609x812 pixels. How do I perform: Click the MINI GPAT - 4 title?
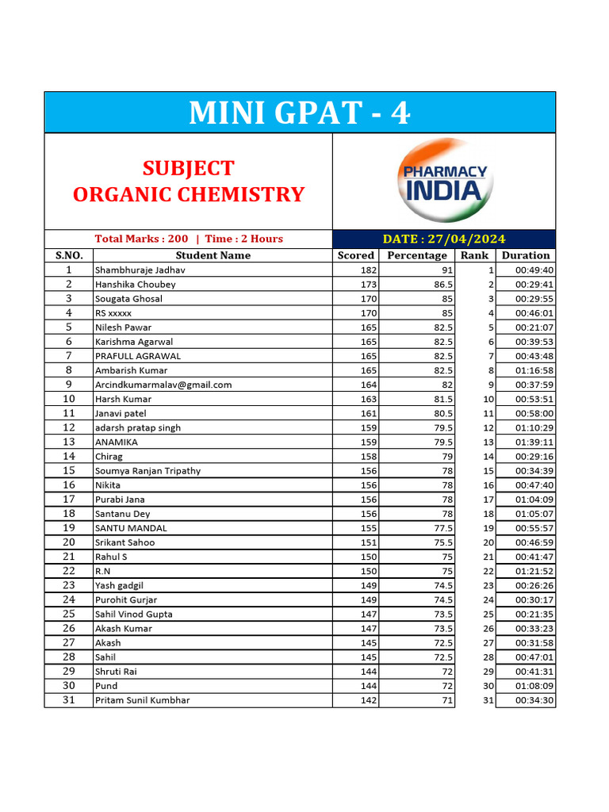click(x=300, y=113)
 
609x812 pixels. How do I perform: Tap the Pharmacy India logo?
click(x=444, y=182)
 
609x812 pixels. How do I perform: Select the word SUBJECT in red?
click(x=188, y=168)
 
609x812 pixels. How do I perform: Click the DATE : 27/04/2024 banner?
click(x=443, y=239)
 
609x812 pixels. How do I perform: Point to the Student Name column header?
click(x=213, y=255)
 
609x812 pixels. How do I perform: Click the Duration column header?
click(x=525, y=255)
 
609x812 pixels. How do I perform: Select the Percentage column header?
click(x=416, y=255)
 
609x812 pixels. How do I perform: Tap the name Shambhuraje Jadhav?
click(x=140, y=270)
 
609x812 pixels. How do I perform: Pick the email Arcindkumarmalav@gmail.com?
click(x=163, y=385)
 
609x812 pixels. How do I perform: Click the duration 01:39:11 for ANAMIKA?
click(x=534, y=442)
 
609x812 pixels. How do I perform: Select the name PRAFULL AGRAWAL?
click(x=137, y=356)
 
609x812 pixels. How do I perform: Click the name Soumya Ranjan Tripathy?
click(x=147, y=471)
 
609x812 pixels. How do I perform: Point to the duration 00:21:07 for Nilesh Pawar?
click(x=534, y=327)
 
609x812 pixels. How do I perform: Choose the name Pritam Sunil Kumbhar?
click(x=142, y=700)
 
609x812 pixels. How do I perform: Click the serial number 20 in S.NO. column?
click(x=69, y=542)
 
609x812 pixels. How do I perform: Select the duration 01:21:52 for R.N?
click(x=534, y=571)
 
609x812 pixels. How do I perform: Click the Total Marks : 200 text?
click(x=141, y=239)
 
